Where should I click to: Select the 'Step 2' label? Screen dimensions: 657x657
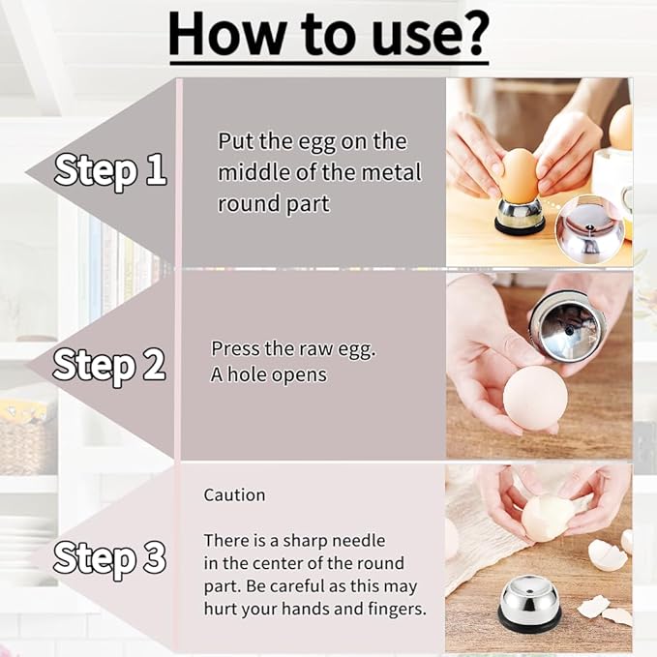click(x=109, y=365)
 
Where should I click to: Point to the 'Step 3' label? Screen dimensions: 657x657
click(x=109, y=558)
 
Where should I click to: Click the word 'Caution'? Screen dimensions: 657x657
click(x=234, y=494)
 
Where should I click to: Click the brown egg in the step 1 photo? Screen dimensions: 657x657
click(x=520, y=172)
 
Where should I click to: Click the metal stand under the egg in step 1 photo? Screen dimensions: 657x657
click(x=520, y=215)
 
